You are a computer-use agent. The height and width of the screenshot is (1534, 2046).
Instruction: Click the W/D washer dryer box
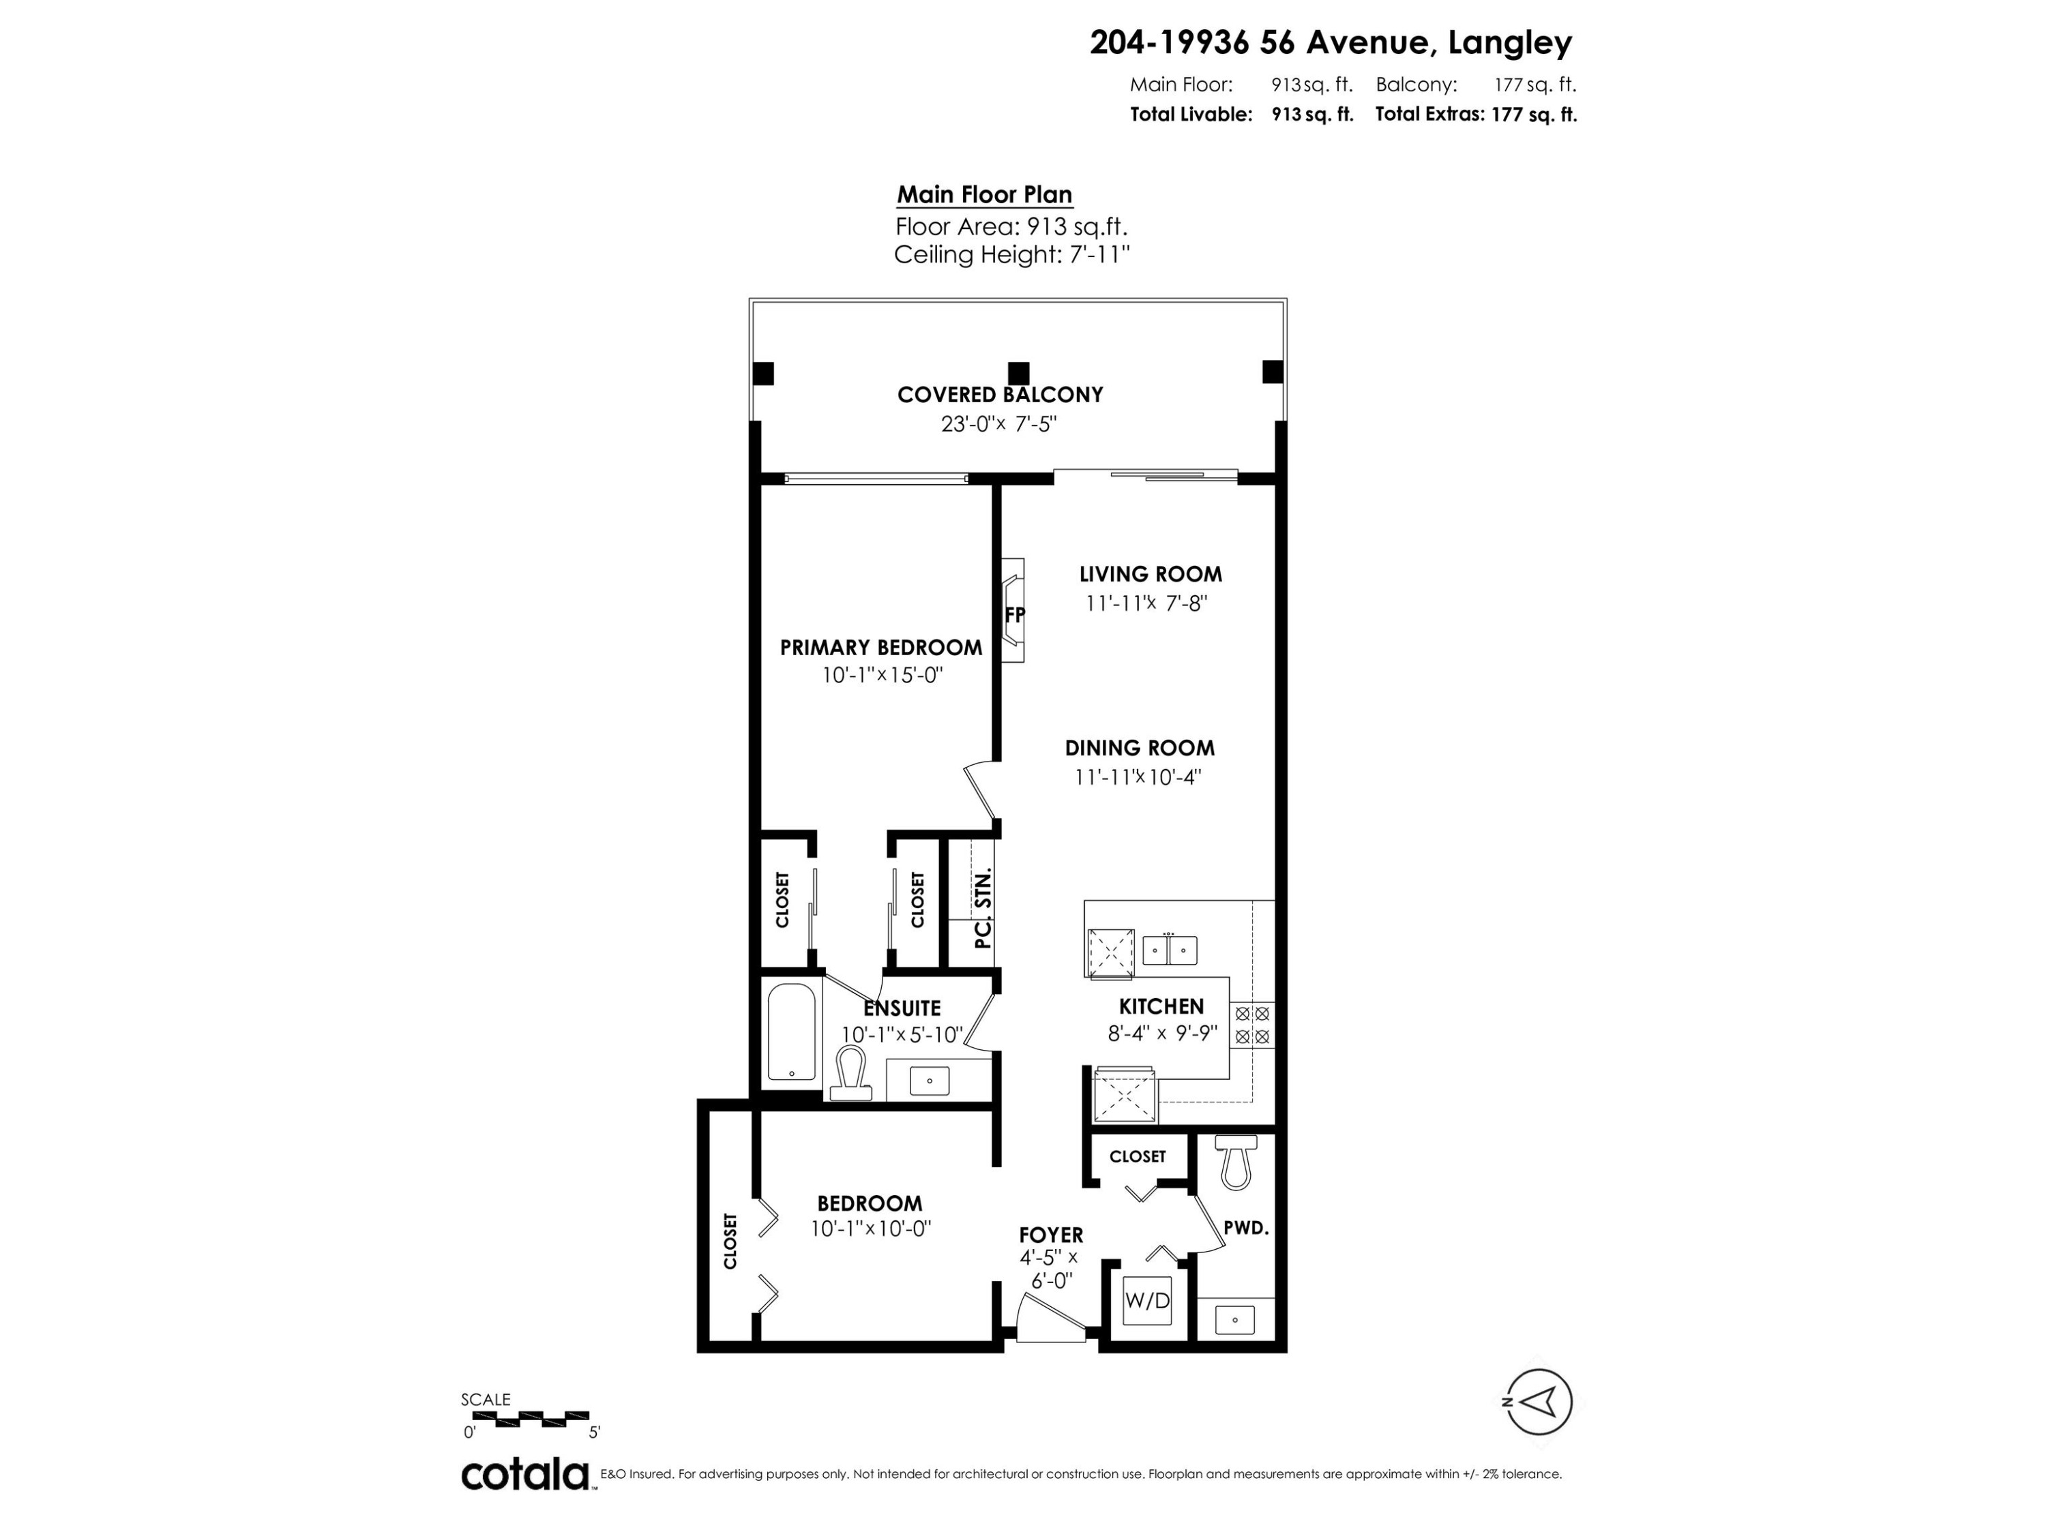click(1147, 1300)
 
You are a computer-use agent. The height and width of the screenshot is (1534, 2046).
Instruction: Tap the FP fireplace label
click(1015, 615)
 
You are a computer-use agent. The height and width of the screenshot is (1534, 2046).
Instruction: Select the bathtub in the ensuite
click(792, 1032)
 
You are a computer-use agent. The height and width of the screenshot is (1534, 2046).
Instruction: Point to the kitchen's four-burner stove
click(1252, 1025)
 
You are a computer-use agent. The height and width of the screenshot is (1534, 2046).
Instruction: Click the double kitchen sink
click(1169, 950)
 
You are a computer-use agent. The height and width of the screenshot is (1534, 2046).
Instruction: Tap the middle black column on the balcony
click(1018, 373)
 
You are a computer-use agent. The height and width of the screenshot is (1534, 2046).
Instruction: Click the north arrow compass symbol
click(1537, 1402)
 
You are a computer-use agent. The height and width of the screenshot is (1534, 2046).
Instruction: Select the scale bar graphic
click(525, 1417)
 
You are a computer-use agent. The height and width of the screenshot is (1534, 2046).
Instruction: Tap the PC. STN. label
click(983, 908)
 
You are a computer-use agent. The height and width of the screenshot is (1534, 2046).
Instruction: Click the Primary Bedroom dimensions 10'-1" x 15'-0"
click(881, 676)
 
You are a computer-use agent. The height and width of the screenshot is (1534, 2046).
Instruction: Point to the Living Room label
click(1151, 574)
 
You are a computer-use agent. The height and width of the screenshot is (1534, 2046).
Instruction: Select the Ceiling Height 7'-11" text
click(1012, 255)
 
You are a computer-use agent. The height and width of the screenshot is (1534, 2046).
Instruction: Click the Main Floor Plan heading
click(984, 195)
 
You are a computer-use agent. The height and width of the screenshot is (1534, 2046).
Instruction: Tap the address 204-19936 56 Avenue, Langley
click(1330, 42)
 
